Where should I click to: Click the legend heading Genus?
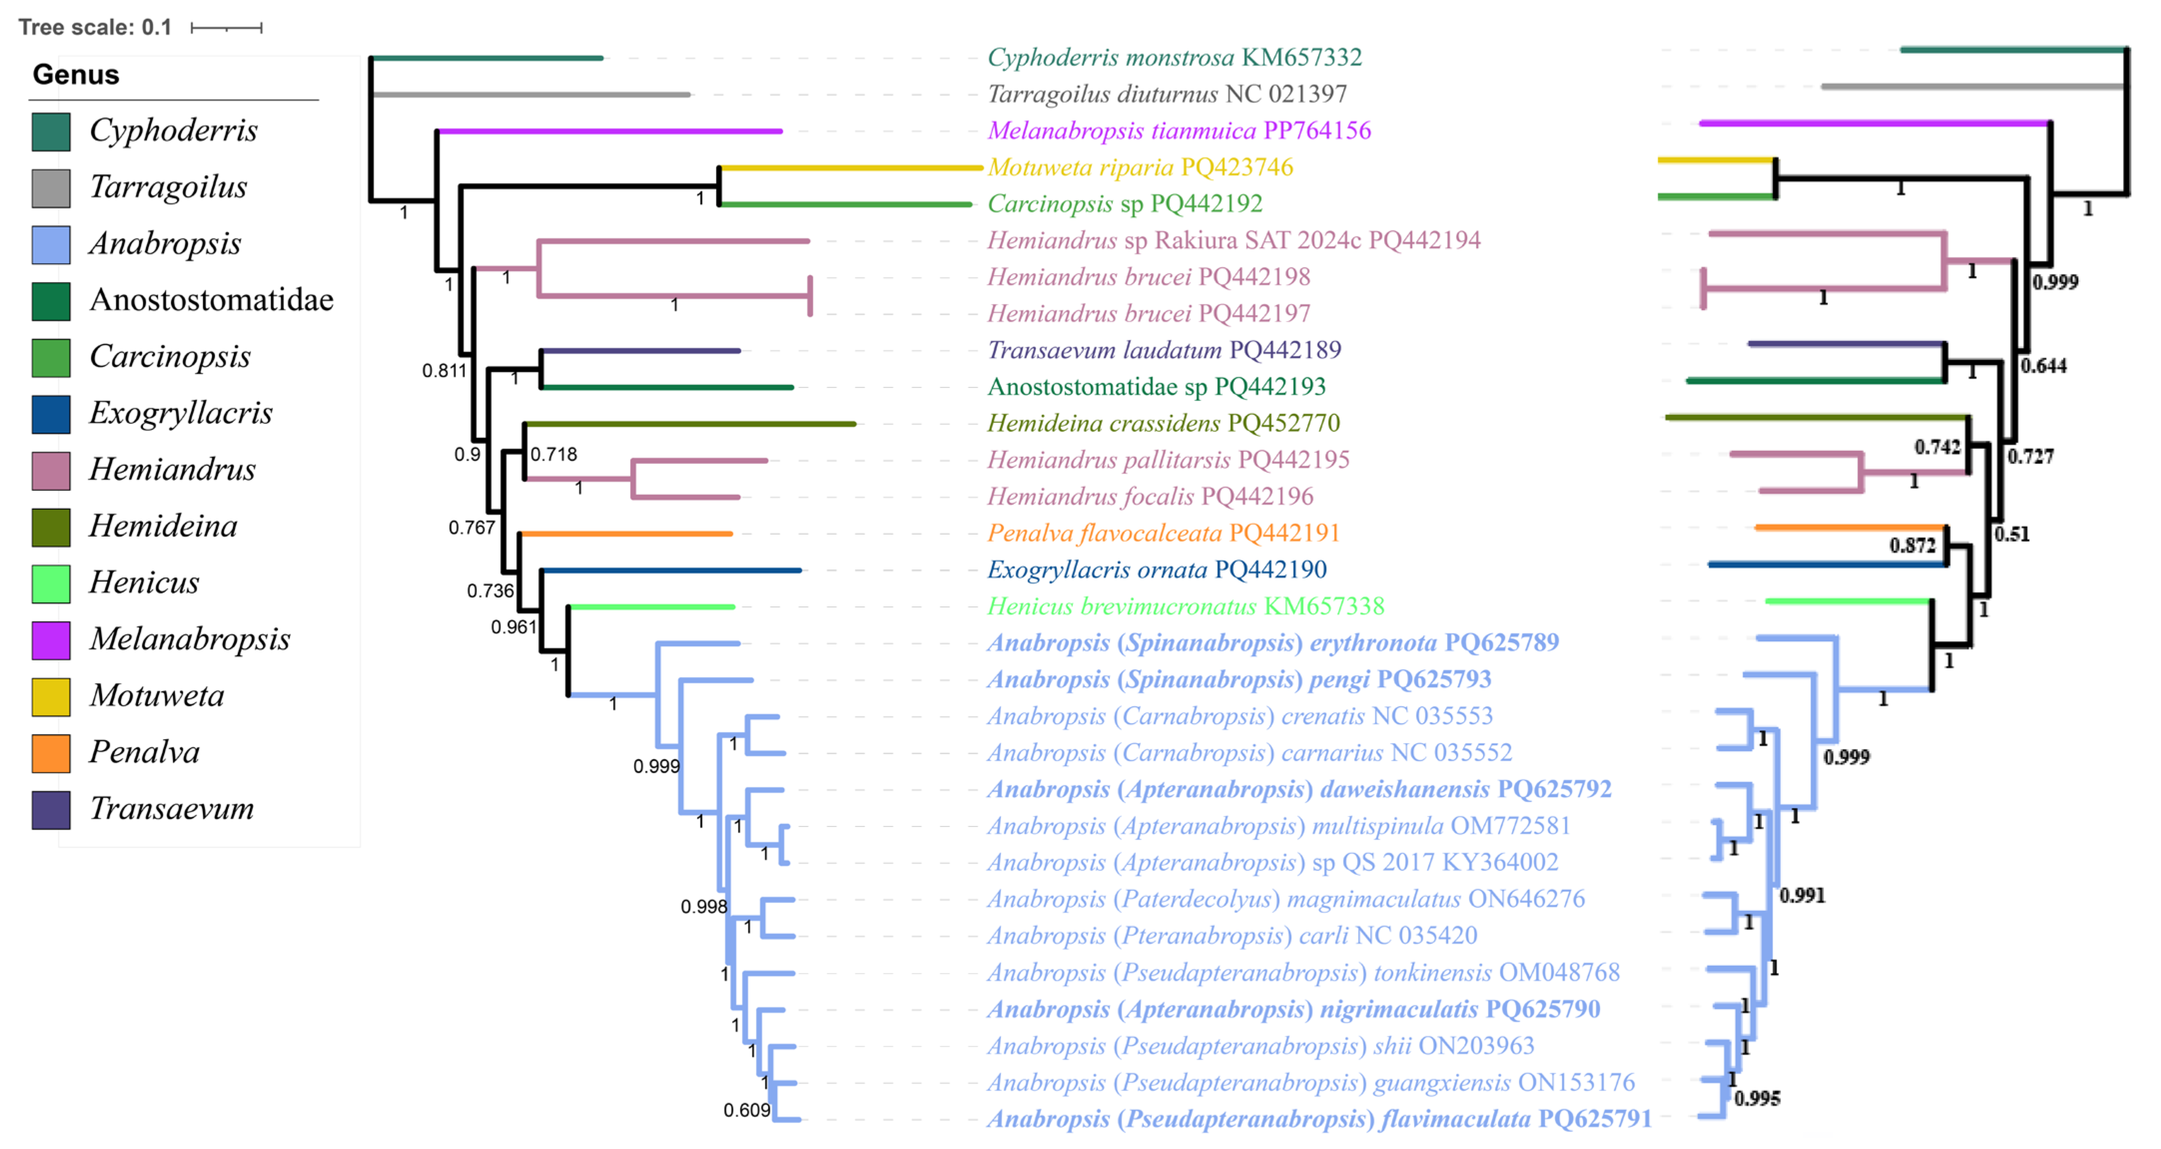coord(75,75)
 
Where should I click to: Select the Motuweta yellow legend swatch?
coord(50,696)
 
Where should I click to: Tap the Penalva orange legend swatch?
coord(50,752)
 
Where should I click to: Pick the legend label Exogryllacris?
coord(180,413)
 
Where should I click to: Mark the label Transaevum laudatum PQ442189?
coord(1163,350)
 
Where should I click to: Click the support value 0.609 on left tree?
coord(746,1111)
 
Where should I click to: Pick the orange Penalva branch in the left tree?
coord(626,534)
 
